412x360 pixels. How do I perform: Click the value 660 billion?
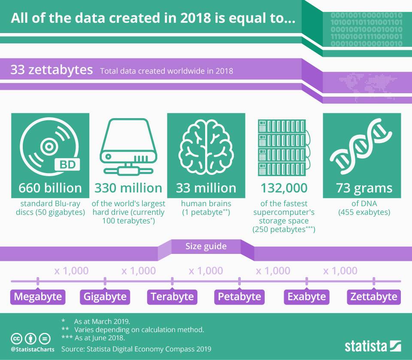[50, 188]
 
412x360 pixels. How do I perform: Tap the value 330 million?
[128, 188]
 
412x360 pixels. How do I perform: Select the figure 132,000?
[284, 188]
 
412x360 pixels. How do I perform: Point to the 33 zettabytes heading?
[51, 70]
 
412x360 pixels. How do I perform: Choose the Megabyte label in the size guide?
[38, 296]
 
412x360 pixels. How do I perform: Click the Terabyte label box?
[172, 296]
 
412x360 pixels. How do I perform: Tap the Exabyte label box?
[306, 296]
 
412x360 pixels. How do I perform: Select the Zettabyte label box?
[374, 296]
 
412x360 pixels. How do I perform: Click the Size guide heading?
[206, 247]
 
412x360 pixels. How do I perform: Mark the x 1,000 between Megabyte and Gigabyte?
[71, 271]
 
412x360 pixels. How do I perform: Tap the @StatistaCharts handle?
[33, 349]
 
